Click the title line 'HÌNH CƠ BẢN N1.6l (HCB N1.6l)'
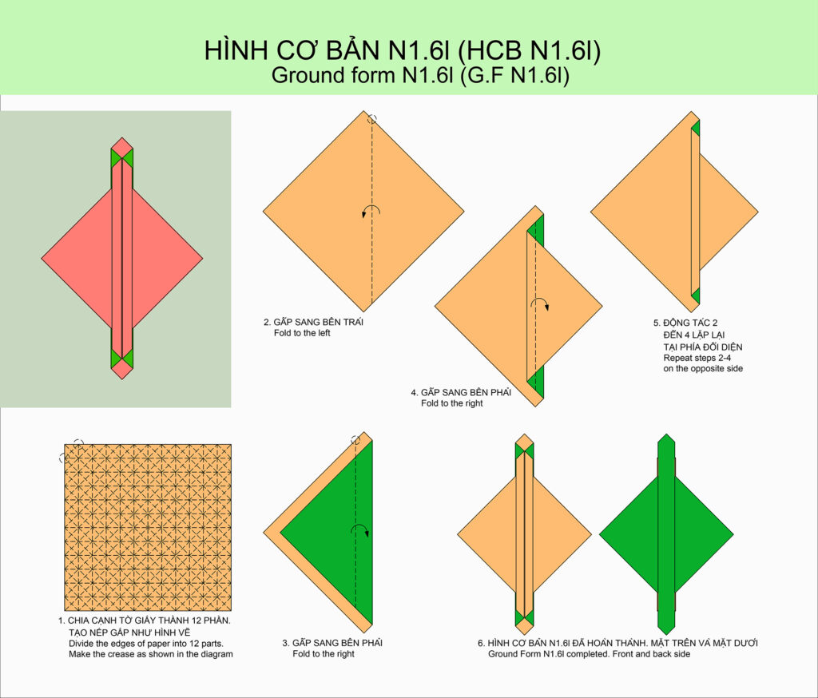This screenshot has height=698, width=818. pos(403,50)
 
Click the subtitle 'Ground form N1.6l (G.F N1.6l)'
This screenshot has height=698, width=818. pos(420,75)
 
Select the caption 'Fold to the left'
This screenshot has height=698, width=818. pos(302,333)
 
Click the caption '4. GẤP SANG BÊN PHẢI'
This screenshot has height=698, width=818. pos(461,392)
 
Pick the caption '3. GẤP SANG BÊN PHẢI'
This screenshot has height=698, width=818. pos(332,643)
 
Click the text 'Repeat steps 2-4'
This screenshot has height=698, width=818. pos(697,358)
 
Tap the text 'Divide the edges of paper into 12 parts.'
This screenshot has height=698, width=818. pos(146,644)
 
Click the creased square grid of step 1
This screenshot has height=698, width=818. pos(148,527)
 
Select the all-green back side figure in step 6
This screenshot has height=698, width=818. pos(666,534)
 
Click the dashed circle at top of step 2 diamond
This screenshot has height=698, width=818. pos(372,119)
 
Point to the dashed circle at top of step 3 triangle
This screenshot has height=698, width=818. pos(355,440)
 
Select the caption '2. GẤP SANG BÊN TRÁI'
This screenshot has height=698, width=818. pos(313,322)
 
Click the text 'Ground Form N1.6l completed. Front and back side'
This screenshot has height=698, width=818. pos(589,654)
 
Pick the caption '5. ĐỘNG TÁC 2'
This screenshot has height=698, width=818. pos(685,323)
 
